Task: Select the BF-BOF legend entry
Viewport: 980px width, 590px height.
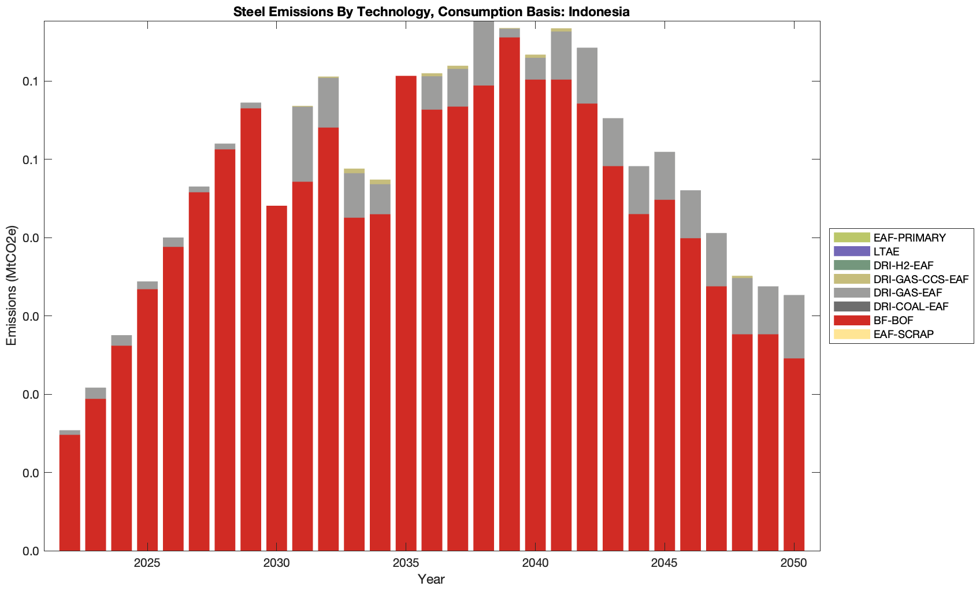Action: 893,320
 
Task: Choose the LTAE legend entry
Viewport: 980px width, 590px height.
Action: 886,251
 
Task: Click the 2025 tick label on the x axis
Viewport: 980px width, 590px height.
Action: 147,564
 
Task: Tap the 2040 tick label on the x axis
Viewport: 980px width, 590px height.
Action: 535,564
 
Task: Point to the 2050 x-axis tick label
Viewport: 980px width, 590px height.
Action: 794,564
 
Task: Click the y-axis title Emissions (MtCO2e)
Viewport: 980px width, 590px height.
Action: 12,286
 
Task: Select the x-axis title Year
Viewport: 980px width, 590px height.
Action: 431,579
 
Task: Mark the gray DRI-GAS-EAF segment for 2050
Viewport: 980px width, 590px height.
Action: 794,326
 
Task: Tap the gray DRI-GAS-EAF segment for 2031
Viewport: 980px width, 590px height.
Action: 302,144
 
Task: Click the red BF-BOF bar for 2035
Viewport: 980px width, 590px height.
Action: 406,312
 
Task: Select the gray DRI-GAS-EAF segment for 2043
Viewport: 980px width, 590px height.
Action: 612,142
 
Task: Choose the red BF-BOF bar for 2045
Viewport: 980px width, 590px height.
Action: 665,376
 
